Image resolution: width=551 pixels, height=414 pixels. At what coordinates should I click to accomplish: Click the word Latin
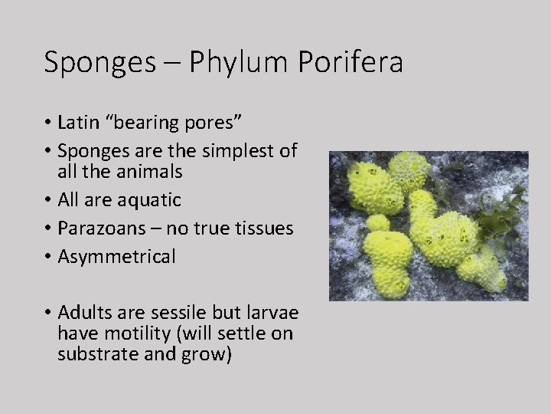pyautogui.click(x=78, y=123)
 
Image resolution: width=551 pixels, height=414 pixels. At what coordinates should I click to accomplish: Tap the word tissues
pyautogui.click(x=268, y=228)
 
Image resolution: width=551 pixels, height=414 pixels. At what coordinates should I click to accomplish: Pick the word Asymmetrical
pyautogui.click(x=116, y=256)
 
